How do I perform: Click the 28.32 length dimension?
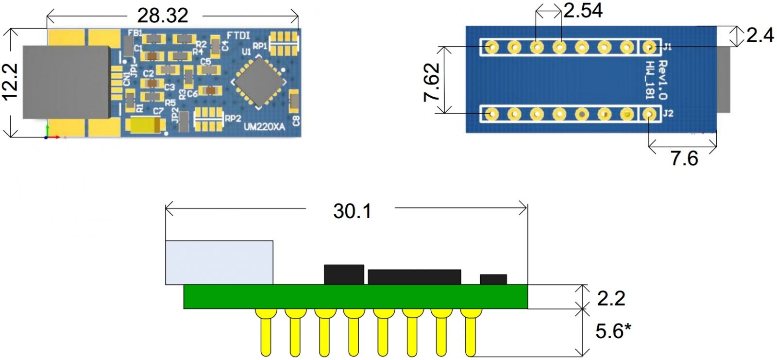(x=162, y=16)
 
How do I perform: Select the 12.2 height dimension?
(x=11, y=82)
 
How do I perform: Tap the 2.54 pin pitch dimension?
(x=583, y=10)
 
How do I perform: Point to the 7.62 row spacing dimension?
(x=432, y=82)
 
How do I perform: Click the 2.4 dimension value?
(x=760, y=35)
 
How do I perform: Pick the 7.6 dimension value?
(x=684, y=158)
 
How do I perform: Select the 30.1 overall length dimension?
(x=352, y=211)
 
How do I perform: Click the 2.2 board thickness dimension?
(x=611, y=298)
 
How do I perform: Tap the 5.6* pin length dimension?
(x=613, y=331)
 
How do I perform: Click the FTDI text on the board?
(x=238, y=35)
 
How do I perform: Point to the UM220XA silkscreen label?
(x=264, y=127)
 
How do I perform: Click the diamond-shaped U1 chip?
(x=258, y=81)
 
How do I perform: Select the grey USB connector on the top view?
(x=67, y=82)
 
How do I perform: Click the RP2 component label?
(x=233, y=119)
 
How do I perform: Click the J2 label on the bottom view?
(x=668, y=113)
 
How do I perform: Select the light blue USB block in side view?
(x=219, y=262)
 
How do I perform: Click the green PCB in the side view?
(x=355, y=296)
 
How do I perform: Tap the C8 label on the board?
(x=296, y=120)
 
